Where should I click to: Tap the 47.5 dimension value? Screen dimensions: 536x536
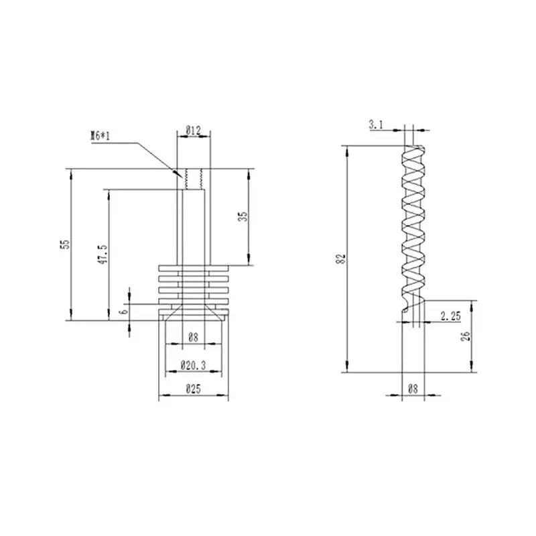pos(103,255)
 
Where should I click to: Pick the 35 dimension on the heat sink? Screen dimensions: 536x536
pos(243,216)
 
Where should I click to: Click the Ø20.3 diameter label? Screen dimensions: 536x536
pos(192,366)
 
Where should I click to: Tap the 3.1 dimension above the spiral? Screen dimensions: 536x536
pos(375,123)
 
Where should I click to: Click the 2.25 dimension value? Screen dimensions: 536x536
pos(450,315)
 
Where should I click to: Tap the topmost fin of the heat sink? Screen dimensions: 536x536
pos(194,267)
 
